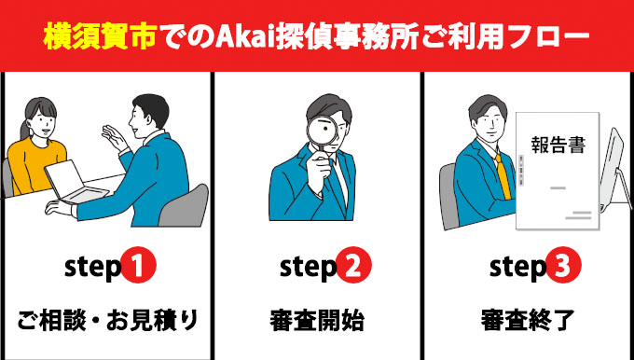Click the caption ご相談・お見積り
[108, 321]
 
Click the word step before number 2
[306, 269]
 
